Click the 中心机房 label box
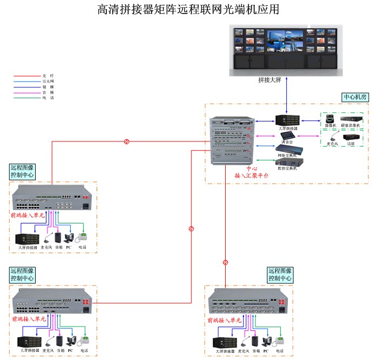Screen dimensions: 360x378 (x=355, y=98)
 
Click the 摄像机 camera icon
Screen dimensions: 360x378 (x=328, y=119)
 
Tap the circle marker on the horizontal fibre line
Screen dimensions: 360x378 (x=126, y=141)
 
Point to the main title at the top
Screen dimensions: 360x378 (x=188, y=10)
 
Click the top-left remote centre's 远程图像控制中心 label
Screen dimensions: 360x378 (x=22, y=172)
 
